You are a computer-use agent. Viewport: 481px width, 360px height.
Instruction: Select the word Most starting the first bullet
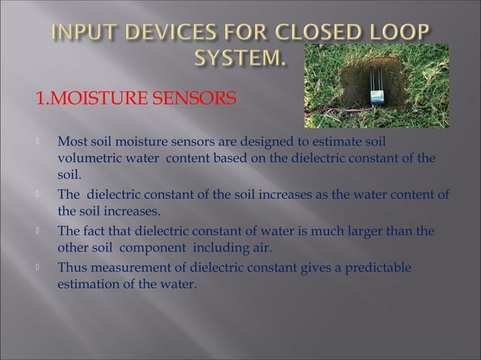[73, 141]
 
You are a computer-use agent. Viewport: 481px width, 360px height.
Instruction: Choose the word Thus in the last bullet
[72, 268]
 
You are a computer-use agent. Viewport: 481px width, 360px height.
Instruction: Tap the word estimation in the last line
[92, 285]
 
